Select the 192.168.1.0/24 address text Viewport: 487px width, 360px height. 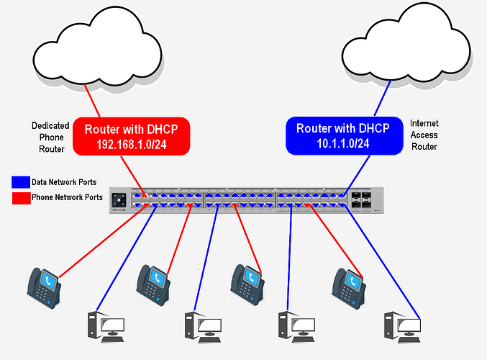[x=137, y=144]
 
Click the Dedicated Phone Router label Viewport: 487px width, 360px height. [x=50, y=137]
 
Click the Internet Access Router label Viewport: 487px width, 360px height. [x=424, y=134]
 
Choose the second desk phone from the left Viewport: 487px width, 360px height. [x=153, y=284]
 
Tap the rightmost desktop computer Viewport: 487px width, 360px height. [x=402, y=328]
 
